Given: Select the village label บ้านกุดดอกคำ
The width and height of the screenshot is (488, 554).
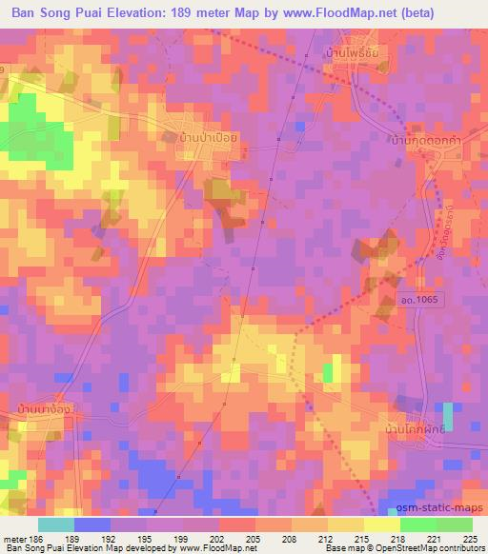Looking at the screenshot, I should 426,139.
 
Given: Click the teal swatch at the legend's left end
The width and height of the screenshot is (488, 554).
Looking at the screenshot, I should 56,524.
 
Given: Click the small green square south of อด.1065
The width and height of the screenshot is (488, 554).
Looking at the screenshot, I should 330,372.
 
